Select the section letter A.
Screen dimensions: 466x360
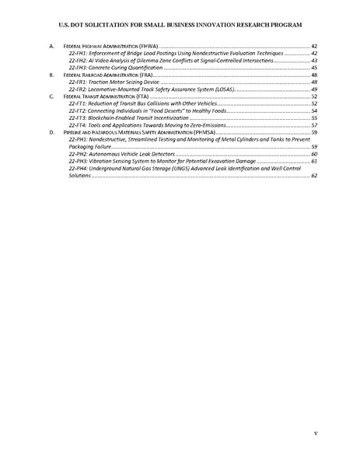coord(51,47)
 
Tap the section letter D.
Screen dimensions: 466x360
coord(51,133)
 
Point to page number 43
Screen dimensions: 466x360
coord(314,61)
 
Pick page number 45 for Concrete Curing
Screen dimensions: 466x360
coord(314,68)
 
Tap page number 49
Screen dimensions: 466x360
coord(314,89)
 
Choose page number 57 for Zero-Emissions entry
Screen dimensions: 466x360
coord(314,125)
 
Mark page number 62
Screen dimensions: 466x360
coord(314,176)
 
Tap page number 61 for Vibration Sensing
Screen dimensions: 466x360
coord(314,161)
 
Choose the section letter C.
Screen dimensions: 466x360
coord(51,96)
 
